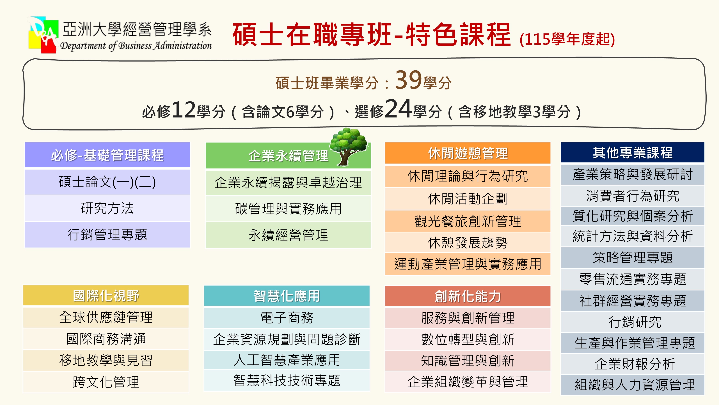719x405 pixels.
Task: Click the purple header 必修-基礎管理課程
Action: click(107, 155)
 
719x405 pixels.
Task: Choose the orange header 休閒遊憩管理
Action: click(468, 153)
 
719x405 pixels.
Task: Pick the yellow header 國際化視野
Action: click(106, 295)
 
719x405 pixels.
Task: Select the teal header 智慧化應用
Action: click(287, 296)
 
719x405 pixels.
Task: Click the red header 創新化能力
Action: click(468, 296)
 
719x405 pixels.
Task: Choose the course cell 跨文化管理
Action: click(106, 382)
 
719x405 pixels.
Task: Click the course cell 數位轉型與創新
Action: click(468, 339)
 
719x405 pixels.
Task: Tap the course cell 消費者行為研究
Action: click(633, 196)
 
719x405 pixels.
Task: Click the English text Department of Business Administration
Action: click(136, 46)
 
